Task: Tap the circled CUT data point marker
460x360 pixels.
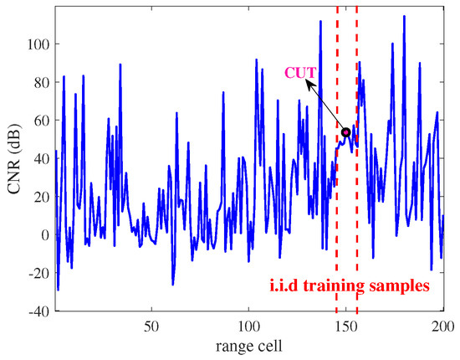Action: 346,132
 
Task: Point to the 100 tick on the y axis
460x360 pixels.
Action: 40,44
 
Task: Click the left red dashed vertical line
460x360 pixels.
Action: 337,209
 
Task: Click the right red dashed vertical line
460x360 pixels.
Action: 357,209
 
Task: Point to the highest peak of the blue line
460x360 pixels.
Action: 404,16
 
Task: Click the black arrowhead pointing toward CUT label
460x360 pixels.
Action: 308,84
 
